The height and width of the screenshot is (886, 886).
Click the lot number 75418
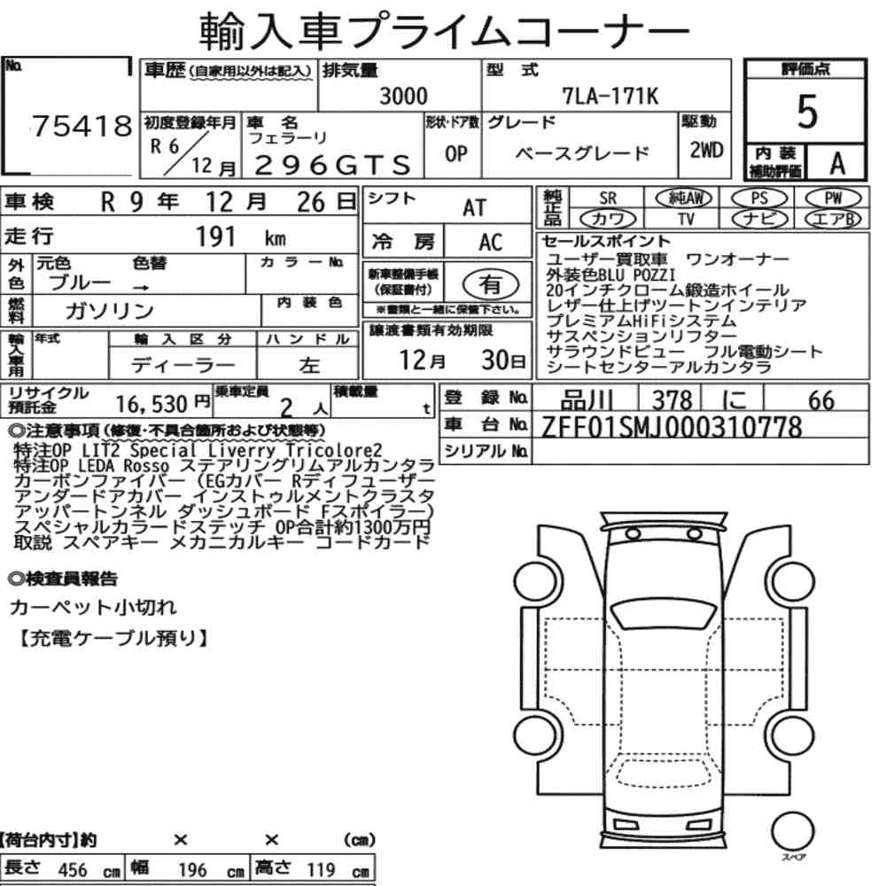82,126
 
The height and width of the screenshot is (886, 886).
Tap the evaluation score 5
807,112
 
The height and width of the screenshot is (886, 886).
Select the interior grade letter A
837,163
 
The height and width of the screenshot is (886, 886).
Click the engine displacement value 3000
403,96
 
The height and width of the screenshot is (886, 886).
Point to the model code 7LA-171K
610,96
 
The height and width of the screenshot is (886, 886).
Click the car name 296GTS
332,165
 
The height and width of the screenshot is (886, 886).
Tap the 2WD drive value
706,150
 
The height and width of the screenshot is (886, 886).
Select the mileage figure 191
215,237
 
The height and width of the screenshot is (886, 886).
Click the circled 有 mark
491,284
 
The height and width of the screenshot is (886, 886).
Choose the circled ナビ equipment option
759,219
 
